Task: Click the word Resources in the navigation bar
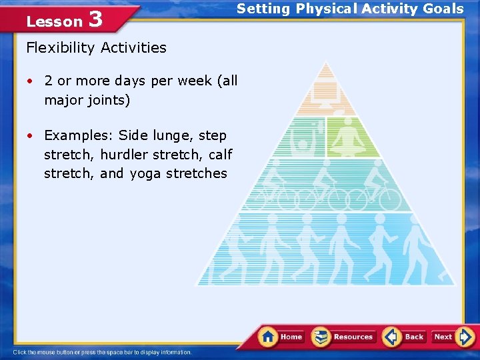pos(353,337)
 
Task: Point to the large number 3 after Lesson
pos(95,19)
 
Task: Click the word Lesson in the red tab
pos(54,21)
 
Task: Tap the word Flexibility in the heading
pos(61,47)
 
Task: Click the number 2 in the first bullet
pos(49,81)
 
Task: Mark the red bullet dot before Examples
pos(31,135)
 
